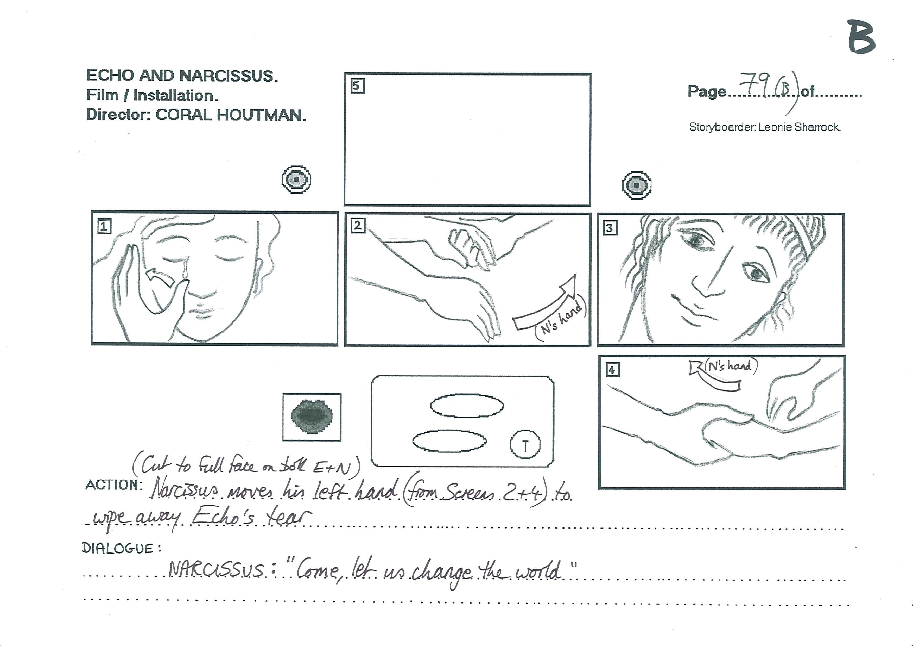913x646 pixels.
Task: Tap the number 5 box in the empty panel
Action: (x=358, y=86)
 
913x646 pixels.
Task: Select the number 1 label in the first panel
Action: (x=104, y=226)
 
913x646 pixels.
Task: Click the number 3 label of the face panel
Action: (x=610, y=228)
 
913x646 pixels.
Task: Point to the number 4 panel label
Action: (x=612, y=370)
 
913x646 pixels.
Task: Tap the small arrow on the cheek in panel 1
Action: (x=160, y=277)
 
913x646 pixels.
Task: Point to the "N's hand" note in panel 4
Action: (x=731, y=366)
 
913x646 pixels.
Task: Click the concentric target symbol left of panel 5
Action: (x=296, y=179)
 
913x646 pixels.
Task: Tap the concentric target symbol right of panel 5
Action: (x=637, y=185)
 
